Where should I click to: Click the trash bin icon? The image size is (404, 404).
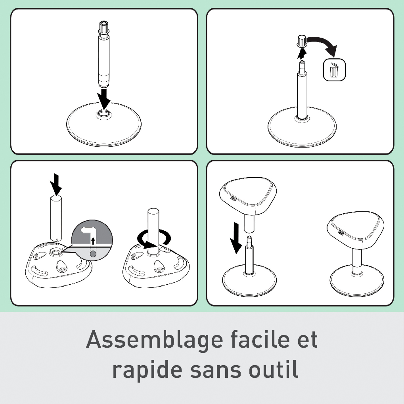click(334, 70)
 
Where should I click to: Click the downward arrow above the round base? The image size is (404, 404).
click(104, 99)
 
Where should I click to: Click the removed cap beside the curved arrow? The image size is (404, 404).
click(301, 41)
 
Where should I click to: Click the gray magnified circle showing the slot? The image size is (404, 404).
click(92, 240)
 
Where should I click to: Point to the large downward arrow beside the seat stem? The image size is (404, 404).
click(236, 238)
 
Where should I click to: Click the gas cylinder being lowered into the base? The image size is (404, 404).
click(104, 54)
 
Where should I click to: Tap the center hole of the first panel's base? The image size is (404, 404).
click(104, 114)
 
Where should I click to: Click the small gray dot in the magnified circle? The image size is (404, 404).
click(93, 254)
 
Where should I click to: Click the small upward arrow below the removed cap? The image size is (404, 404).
click(302, 54)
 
